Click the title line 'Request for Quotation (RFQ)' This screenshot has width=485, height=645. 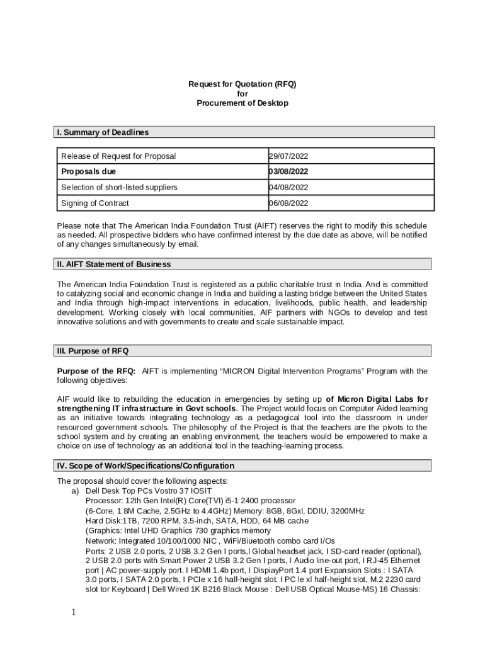pos(243,84)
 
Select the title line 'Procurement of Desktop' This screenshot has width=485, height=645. pos(243,103)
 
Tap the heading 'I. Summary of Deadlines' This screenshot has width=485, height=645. pos(103,132)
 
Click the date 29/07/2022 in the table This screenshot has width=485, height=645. pos(288,156)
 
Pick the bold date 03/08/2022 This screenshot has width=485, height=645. pos(288,171)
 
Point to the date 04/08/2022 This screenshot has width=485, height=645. pos(288,187)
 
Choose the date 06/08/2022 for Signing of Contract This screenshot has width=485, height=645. pos(288,203)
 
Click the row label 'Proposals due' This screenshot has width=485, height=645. pos(88,171)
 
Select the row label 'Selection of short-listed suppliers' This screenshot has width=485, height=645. pos(119,187)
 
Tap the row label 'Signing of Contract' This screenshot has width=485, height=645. pos(95,203)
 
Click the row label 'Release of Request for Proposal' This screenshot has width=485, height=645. pos(118,156)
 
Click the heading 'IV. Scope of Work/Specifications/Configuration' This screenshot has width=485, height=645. pos(145,466)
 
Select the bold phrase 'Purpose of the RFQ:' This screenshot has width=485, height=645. pos(96,371)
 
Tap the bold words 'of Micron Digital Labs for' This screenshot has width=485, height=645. pos(377,399)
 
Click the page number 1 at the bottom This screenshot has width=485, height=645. pos(73,613)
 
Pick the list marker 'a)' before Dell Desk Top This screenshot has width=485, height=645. pos(75,491)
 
